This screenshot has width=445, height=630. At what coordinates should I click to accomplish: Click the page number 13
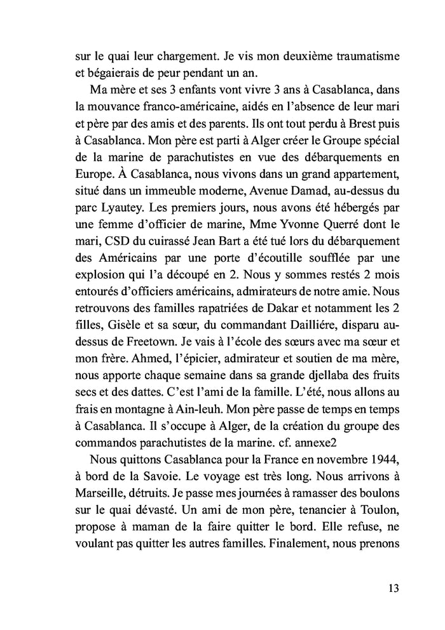pyautogui.click(x=392, y=588)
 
